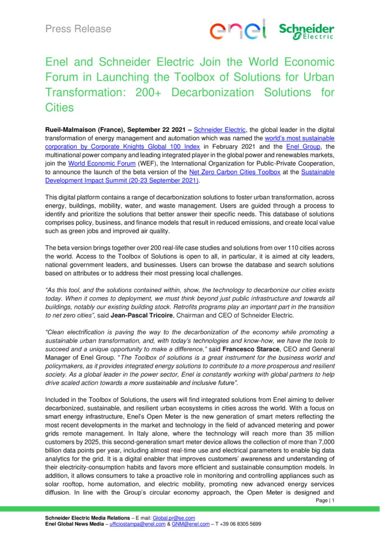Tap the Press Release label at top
pyautogui.click(x=78, y=29)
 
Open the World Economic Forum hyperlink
pyautogui.click(x=102, y=163)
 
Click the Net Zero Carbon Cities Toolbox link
pyautogui.click(x=234, y=172)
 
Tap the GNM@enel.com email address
pyautogui.click(x=191, y=524)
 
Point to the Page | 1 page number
pyautogui.click(x=325, y=501)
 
